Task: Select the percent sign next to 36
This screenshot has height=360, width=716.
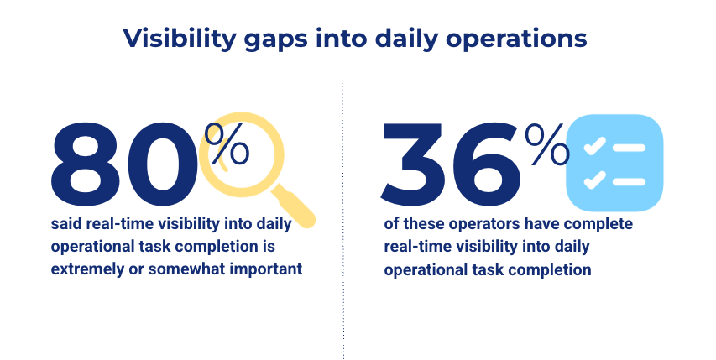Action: pyautogui.click(x=546, y=144)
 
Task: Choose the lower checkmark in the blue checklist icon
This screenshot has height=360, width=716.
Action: pyautogui.click(x=594, y=179)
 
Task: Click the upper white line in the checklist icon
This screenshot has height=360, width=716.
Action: pyautogui.click(x=630, y=148)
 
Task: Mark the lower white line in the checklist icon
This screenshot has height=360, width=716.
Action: pyautogui.click(x=630, y=181)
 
